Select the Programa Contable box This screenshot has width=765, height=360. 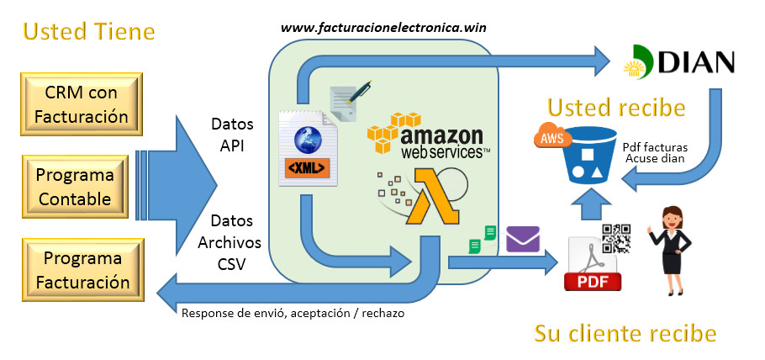(76, 188)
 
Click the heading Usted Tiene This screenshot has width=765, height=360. (88, 32)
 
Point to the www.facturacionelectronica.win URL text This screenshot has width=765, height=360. (383, 27)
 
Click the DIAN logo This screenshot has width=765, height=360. (678, 61)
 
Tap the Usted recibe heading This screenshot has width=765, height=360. (616, 108)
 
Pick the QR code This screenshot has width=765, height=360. (616, 239)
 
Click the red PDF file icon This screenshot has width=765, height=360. (593, 265)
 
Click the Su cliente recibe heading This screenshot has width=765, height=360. (625, 334)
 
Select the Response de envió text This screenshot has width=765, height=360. (293, 313)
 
